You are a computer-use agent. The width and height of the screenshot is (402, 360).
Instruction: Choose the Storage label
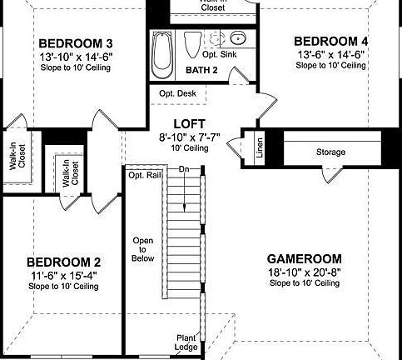pyautogui.click(x=330, y=152)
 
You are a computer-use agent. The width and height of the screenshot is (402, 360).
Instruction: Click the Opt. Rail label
pyautogui.click(x=142, y=175)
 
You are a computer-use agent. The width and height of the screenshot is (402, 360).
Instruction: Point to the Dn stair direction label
pyautogui.click(x=183, y=169)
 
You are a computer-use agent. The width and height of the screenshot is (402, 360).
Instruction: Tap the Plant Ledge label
pyautogui.click(x=186, y=342)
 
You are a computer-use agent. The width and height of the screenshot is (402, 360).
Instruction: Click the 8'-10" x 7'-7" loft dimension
pyautogui.click(x=183, y=135)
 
